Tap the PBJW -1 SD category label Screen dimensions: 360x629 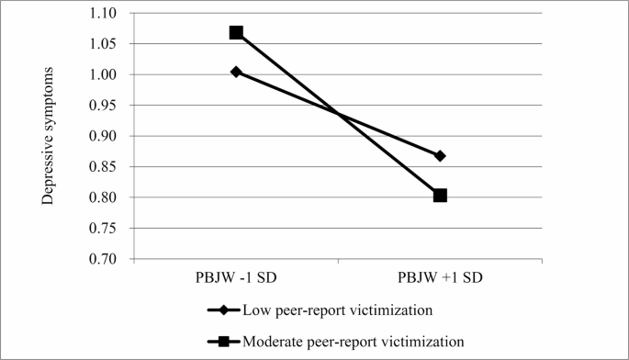236,278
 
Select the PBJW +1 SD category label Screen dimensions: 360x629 440,278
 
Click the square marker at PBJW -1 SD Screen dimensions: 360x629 236,33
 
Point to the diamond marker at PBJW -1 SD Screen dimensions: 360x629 236,72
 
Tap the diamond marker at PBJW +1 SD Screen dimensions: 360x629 440,156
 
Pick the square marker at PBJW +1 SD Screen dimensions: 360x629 440,195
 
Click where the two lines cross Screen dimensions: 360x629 339,114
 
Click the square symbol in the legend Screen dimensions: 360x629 222,343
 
